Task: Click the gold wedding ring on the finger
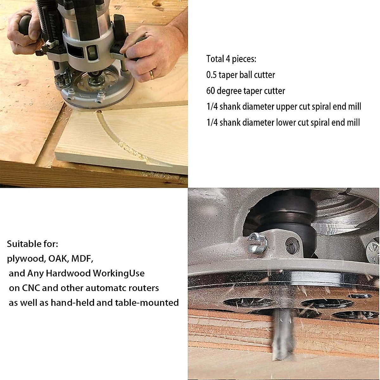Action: coord(152,75)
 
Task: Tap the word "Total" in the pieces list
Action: coord(215,59)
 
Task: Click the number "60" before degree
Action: coord(211,91)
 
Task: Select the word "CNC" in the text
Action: coord(31,288)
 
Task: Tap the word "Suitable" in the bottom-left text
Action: coord(24,244)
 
